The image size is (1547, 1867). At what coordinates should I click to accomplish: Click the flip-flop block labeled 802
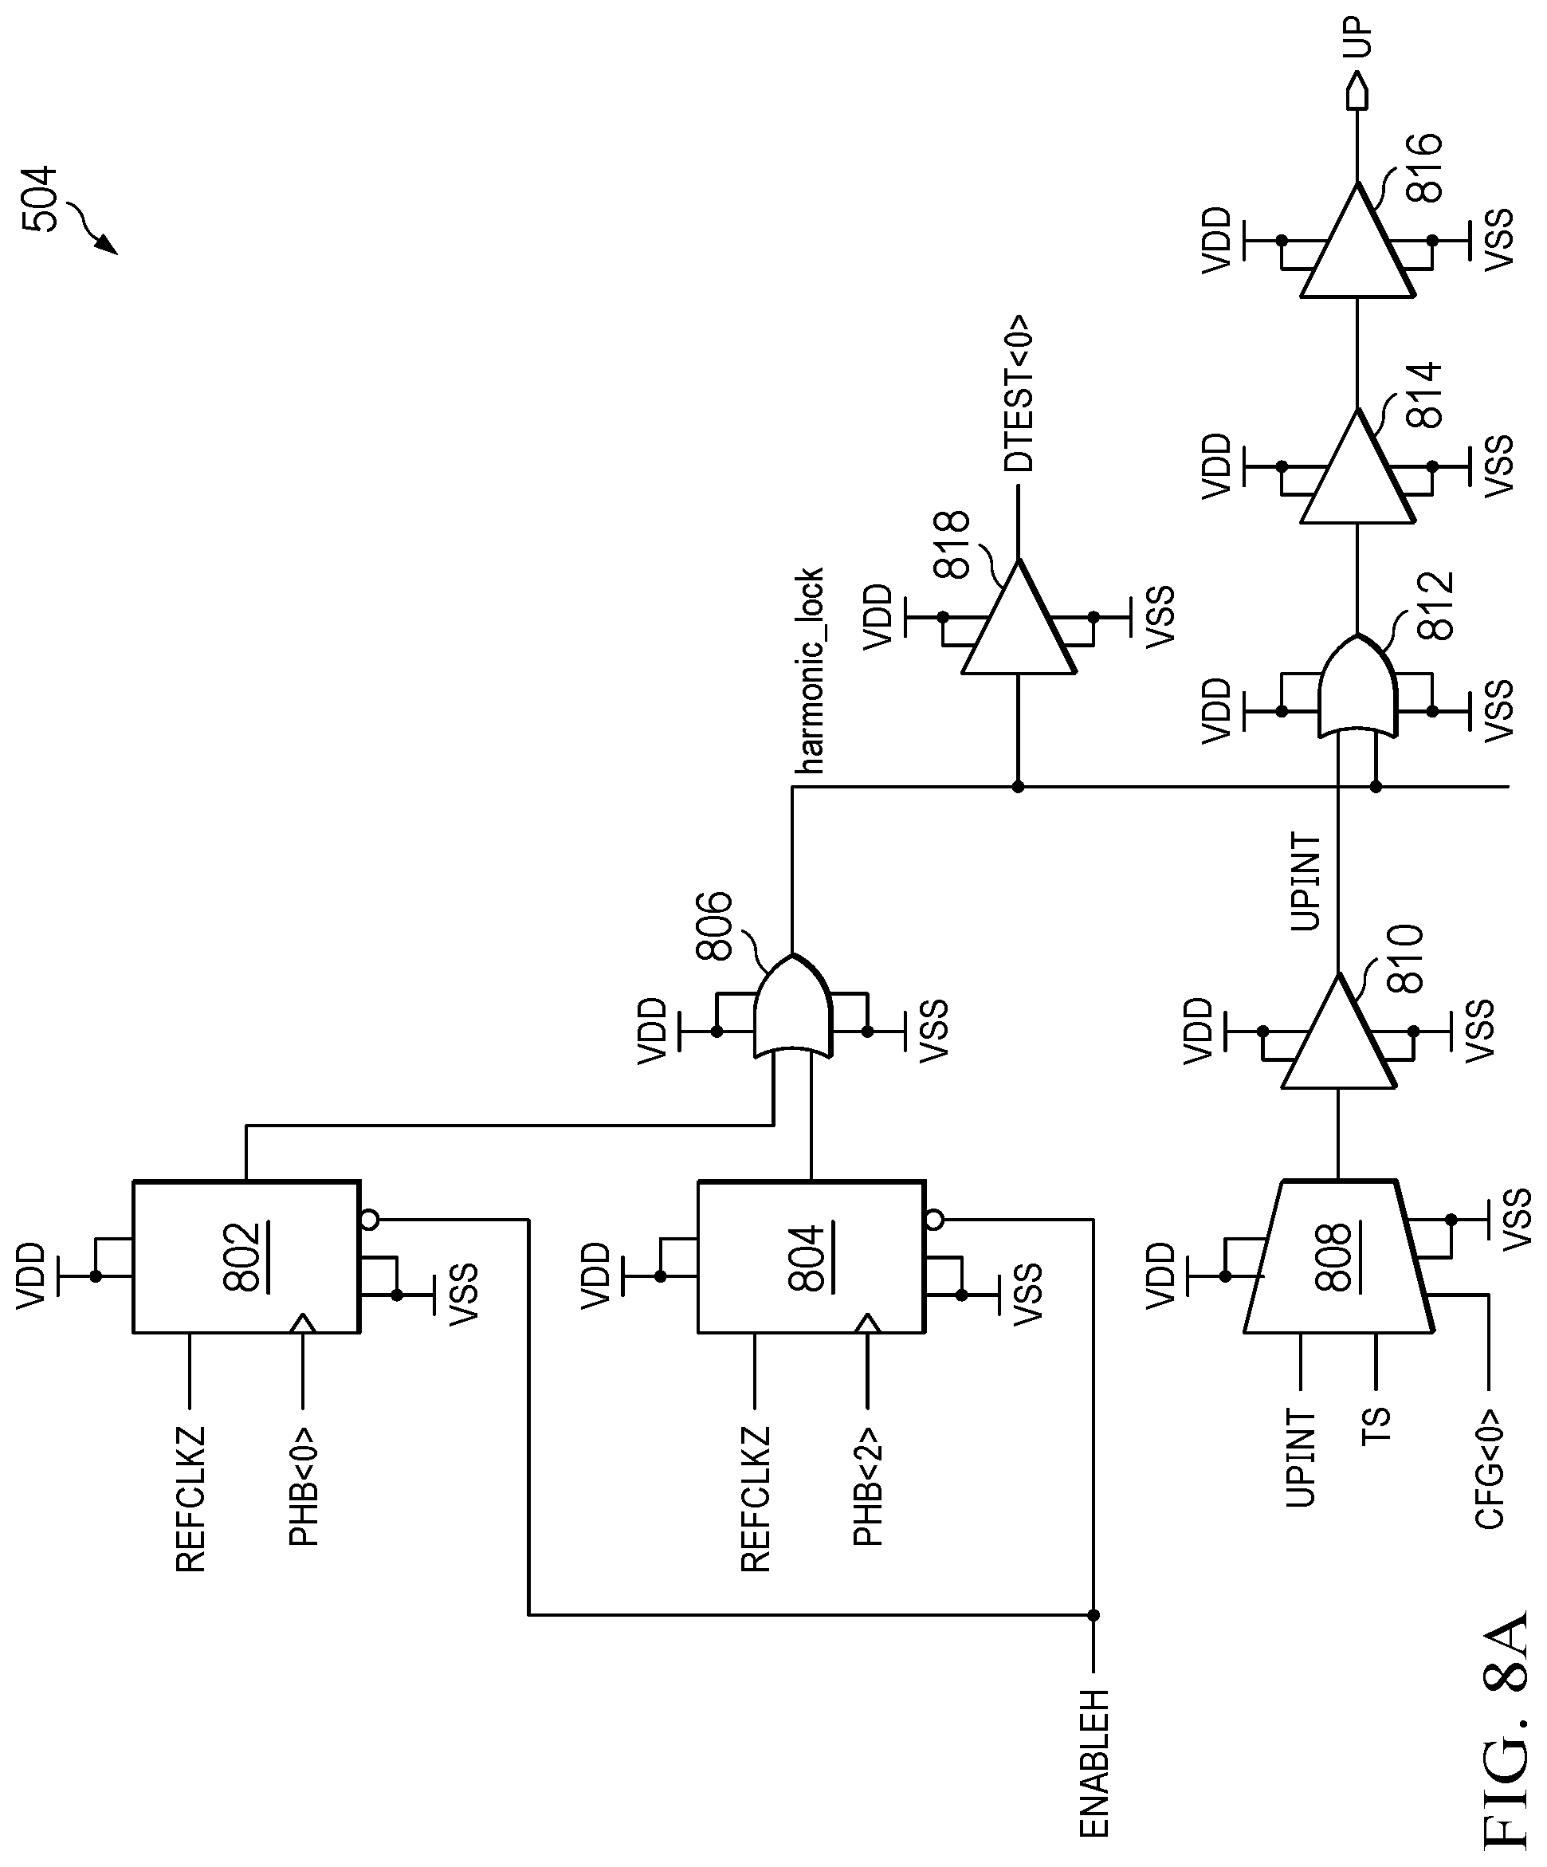(x=246, y=1256)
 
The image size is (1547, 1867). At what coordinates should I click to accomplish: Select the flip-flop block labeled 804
(x=811, y=1256)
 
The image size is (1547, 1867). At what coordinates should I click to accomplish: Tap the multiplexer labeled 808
(x=1338, y=1256)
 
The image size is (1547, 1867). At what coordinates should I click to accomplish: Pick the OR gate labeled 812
(x=1357, y=686)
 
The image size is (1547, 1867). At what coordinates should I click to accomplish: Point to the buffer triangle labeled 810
(x=1338, y=1032)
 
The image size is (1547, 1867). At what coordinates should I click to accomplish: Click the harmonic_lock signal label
(x=809, y=670)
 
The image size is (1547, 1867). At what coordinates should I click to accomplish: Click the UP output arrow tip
(x=1357, y=75)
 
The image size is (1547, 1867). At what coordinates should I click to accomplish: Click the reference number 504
(x=40, y=199)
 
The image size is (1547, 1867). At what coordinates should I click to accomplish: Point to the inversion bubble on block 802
(x=369, y=1219)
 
